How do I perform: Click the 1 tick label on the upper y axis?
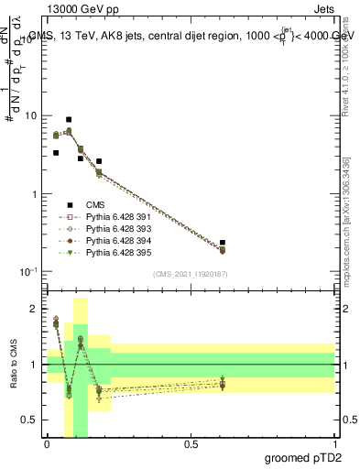coord(34,194)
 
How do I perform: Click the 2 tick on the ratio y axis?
coord(34,309)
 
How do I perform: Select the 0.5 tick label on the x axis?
coord(191,444)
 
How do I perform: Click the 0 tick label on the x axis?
coord(47,444)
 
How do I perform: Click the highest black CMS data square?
coord(69,120)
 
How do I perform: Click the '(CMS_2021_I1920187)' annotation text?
coord(190,274)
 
